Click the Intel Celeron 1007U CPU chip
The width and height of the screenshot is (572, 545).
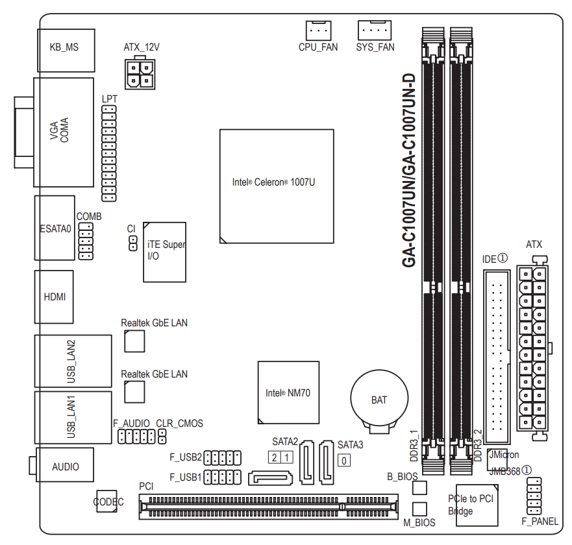point(277,186)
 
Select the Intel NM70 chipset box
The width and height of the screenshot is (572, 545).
point(288,393)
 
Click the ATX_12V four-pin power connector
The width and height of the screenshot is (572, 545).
point(140,73)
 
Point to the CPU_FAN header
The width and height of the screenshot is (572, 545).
point(318,30)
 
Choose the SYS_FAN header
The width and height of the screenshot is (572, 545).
point(375,30)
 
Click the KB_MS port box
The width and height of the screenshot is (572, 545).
point(66,51)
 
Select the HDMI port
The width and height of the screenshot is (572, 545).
point(54,297)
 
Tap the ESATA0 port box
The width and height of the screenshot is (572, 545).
point(55,228)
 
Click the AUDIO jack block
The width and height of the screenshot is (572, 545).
point(64,465)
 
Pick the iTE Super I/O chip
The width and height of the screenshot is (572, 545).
point(164,252)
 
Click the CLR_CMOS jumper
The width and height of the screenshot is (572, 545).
point(162,436)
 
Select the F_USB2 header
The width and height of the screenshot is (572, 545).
point(222,458)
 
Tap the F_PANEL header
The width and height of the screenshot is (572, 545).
point(534,496)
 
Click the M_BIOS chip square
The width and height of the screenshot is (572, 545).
point(419,509)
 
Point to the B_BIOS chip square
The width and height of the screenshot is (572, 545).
point(419,487)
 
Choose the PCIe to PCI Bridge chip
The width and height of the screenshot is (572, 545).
point(477,505)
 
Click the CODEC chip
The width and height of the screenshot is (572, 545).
point(107,502)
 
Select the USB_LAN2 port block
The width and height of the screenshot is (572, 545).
point(73,361)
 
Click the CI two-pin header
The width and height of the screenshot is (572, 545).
point(133,243)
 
